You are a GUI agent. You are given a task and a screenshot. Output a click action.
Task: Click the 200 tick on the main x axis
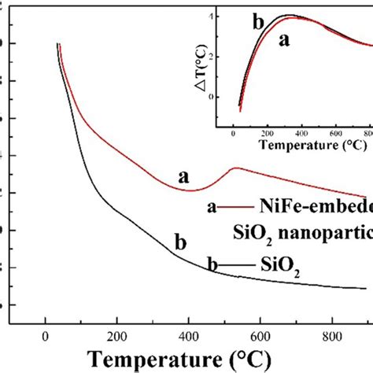point(116,333)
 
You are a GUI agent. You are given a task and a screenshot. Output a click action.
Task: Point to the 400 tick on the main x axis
point(189,333)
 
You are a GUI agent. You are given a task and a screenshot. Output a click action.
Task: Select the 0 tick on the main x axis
point(45,333)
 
